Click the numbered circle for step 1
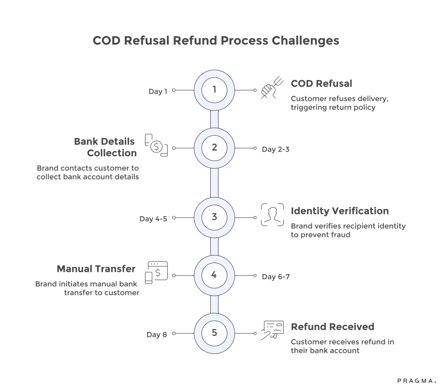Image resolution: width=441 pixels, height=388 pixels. pos(214,90)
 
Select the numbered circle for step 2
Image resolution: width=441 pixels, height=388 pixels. pos(214,148)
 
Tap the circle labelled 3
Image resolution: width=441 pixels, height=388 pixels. pos(214,217)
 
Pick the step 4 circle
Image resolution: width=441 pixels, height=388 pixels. pos(214,275)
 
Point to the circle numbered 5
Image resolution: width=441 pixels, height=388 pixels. pos(214,333)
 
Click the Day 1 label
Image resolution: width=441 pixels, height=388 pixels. pos(158,91)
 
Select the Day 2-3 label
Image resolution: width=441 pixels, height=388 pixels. pos(276,149)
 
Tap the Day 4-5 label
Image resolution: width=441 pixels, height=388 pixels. pos(153,219)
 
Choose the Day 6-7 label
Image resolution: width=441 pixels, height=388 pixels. pos(276,277)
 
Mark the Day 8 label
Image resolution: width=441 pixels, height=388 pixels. pos(157,334)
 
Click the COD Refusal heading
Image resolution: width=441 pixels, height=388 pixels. pos(321,84)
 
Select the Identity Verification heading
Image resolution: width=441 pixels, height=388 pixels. pos(339,211)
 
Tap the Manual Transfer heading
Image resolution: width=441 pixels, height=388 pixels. pos(96,269)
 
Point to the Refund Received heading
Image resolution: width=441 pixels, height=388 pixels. pos(332,327)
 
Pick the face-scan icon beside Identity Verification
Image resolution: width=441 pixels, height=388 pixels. pos(272,215)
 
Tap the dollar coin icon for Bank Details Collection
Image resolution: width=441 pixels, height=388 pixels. pos(156,146)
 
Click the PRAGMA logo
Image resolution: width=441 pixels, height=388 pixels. pos(416,380)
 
